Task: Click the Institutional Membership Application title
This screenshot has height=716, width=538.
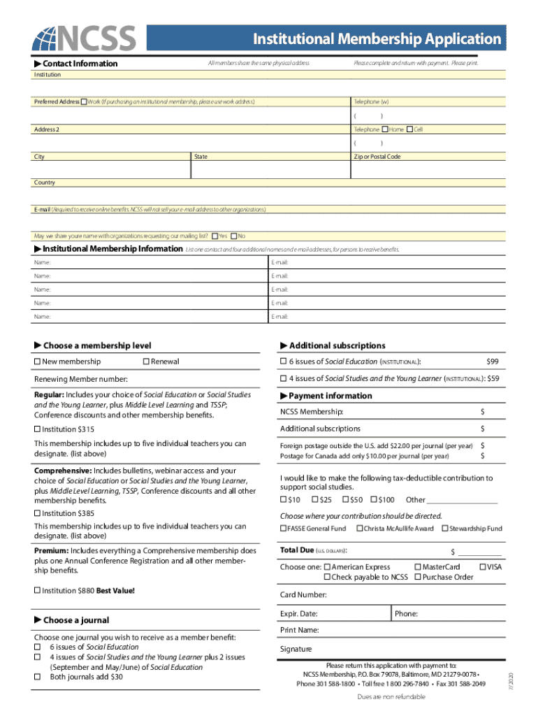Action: coord(377,38)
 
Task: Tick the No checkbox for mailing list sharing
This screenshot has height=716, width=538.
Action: coord(234,236)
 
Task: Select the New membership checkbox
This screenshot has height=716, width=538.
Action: coord(37,361)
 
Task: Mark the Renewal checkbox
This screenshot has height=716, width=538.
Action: coord(146,361)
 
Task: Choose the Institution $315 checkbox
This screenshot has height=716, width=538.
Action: coord(37,429)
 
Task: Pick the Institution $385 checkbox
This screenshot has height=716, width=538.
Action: coord(37,513)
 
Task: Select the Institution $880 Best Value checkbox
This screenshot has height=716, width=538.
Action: coord(37,591)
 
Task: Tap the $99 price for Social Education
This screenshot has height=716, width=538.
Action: coord(492,361)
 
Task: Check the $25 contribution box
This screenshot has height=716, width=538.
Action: coord(314,499)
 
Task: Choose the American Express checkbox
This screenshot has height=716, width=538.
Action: coord(327,566)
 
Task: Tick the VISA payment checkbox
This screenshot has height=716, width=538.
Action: coord(483,566)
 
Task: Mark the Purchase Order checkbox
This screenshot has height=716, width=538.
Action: coord(418,577)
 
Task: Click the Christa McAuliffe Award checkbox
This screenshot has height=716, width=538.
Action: coord(359,529)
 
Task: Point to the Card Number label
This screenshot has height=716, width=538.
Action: coord(303,594)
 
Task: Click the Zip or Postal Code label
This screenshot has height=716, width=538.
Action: coord(377,157)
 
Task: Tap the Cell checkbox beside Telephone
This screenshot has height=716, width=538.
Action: coord(409,129)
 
